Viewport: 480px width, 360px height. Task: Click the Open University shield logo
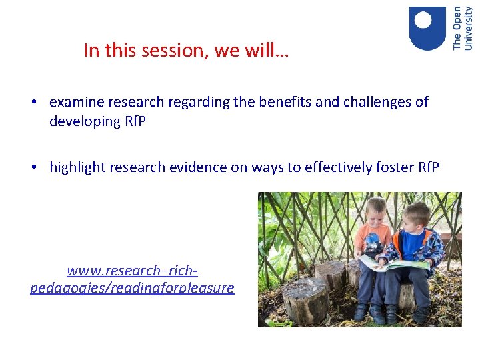(427, 28)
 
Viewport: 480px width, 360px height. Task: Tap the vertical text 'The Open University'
(462, 28)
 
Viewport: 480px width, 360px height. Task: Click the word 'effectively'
(339, 167)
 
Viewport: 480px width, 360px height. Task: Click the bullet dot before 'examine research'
(33, 103)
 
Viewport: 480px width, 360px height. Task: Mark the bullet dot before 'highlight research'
(33, 167)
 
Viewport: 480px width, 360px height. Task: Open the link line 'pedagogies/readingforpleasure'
(132, 288)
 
